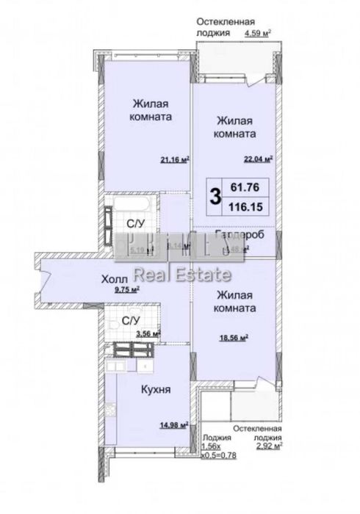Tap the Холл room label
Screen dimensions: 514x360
coord(116,279)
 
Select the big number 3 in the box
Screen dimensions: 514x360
coord(215,196)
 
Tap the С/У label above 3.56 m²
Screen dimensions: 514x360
coord(131,321)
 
